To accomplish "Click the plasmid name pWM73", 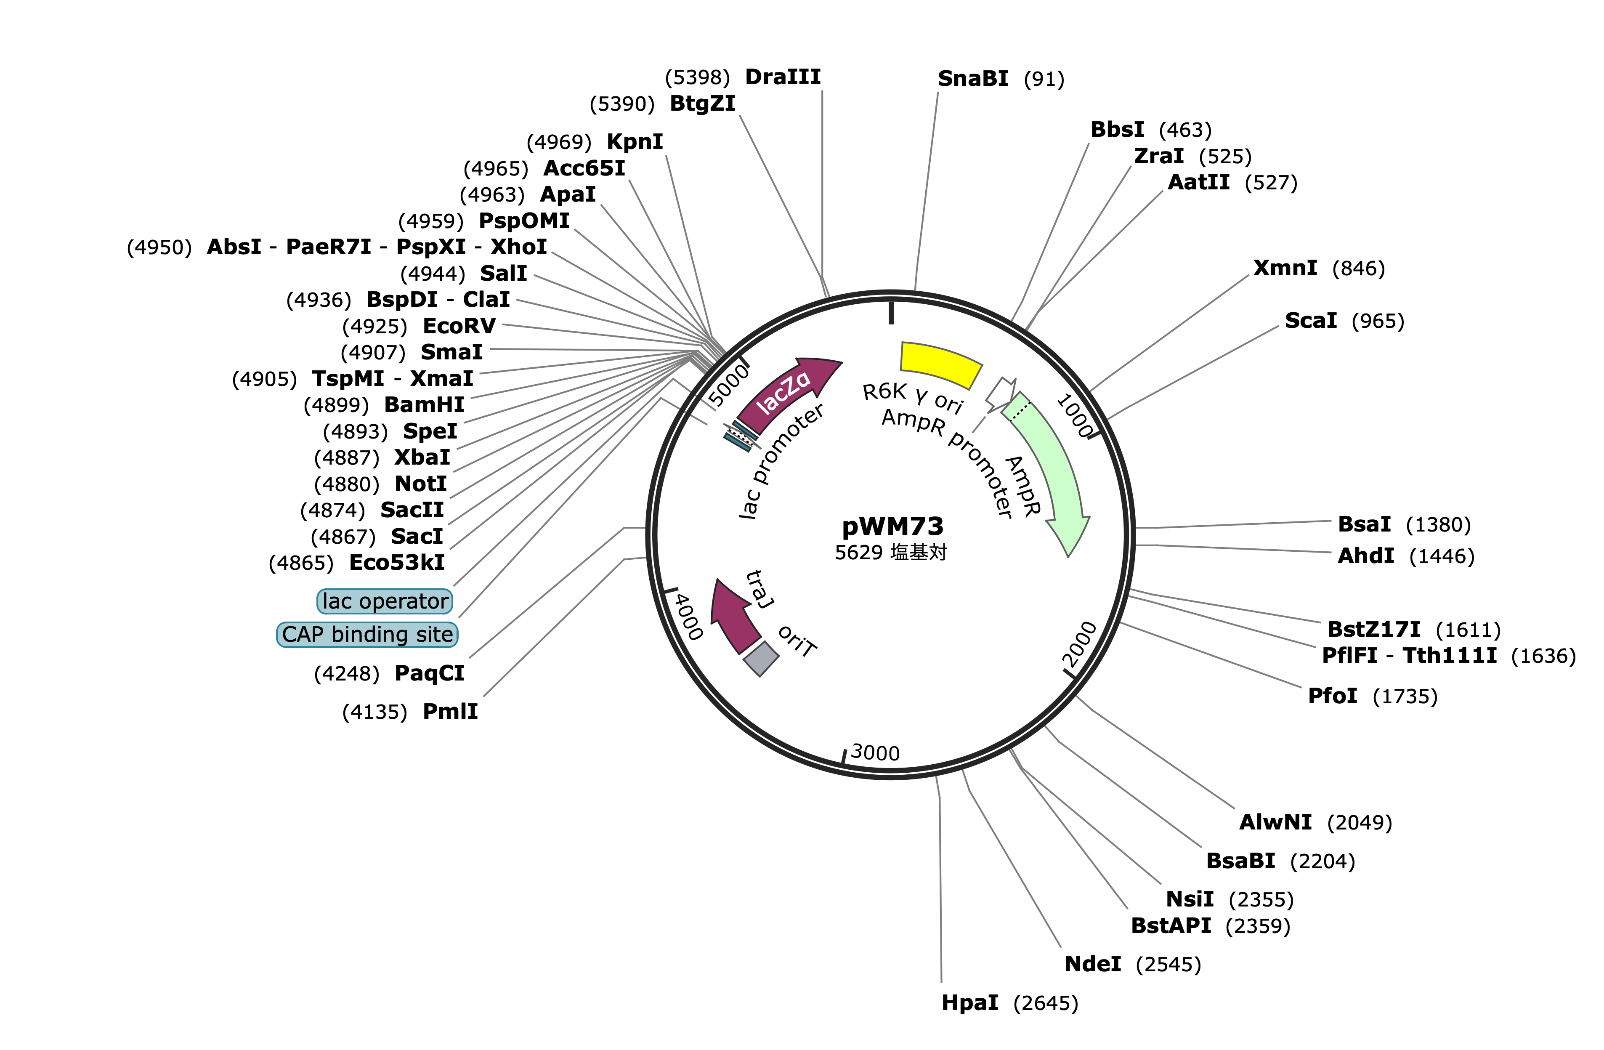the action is click(892, 526).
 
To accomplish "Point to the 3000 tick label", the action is click(875, 752).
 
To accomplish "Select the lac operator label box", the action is click(385, 601).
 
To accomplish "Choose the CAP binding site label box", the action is click(367, 634).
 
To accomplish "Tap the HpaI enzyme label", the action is click(970, 1003).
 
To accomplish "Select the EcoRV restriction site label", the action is click(459, 326).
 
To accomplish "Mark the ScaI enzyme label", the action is click(1311, 321).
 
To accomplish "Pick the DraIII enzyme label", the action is click(783, 77).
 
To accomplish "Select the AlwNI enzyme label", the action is click(1276, 822).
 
